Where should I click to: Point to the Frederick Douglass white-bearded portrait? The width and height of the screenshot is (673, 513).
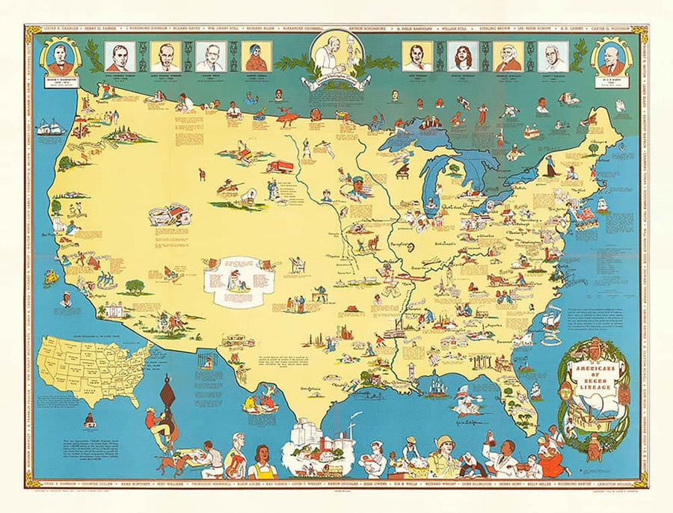(508, 56)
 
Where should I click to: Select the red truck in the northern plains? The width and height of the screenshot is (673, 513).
(280, 166)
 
